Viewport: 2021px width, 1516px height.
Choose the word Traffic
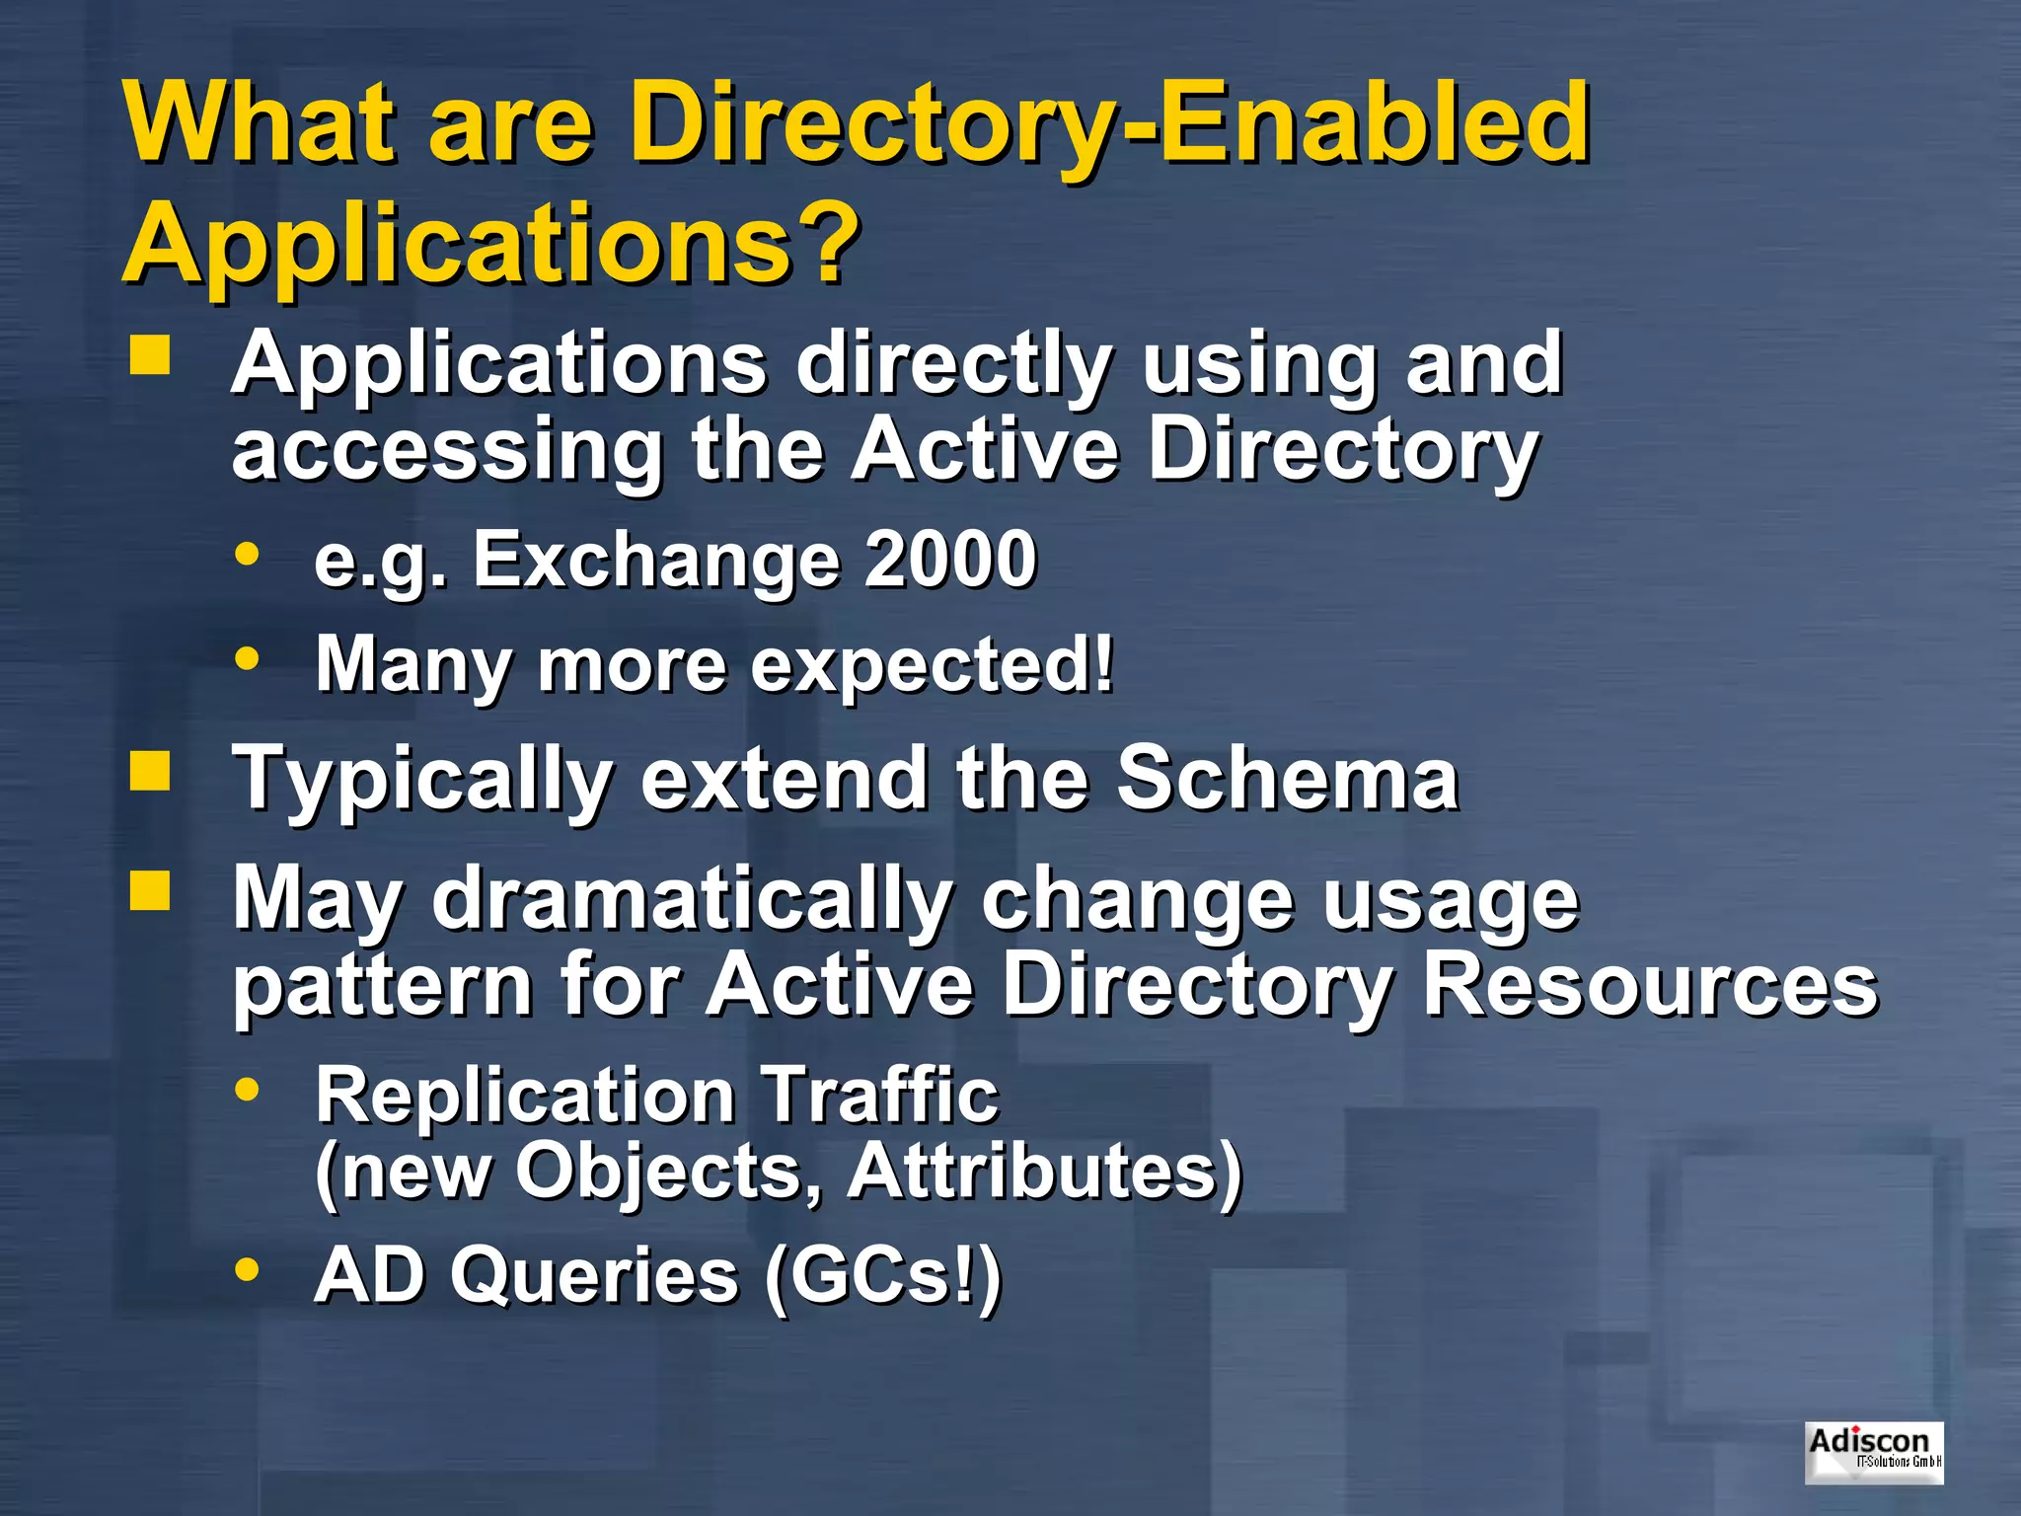880,1096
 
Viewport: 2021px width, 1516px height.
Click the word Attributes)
1045,1172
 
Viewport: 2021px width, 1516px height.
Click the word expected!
933,664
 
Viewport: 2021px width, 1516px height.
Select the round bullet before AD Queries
247,1269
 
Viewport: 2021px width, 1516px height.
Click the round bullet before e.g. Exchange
247,554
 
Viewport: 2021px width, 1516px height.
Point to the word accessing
447,450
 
